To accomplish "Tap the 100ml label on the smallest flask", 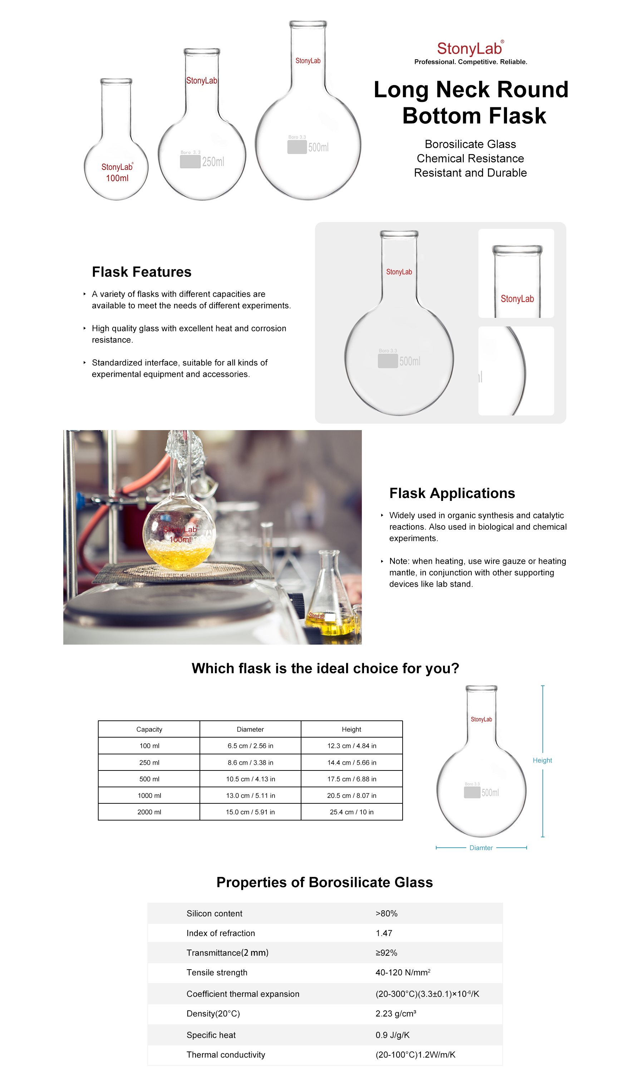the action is pyautogui.click(x=117, y=178).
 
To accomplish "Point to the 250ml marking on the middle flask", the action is pyautogui.click(x=213, y=162).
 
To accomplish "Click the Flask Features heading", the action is pyautogui.click(x=142, y=272).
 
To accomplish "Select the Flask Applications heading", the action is pyautogui.click(x=452, y=493).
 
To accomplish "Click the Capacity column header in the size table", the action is pyautogui.click(x=149, y=729).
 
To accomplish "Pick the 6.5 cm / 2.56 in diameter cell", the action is pyautogui.click(x=250, y=746).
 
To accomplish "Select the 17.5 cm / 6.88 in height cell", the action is pyautogui.click(x=352, y=779).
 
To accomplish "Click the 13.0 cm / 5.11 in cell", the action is pyautogui.click(x=250, y=795).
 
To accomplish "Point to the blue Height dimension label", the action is pyautogui.click(x=542, y=760).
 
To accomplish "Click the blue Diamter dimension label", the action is pyautogui.click(x=481, y=848).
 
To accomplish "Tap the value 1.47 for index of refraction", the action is pyautogui.click(x=384, y=933).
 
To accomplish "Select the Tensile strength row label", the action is pyautogui.click(x=217, y=972).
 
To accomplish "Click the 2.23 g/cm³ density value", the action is pyautogui.click(x=395, y=1014).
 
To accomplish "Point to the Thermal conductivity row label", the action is pyautogui.click(x=226, y=1055).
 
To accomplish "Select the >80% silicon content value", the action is pyautogui.click(x=386, y=913).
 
